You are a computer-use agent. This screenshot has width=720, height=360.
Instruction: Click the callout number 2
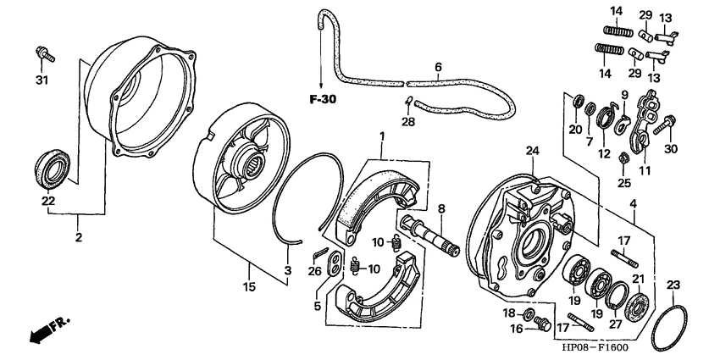(78, 238)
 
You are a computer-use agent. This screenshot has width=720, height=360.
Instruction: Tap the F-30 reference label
(322, 98)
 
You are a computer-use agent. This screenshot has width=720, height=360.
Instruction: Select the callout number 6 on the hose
(438, 66)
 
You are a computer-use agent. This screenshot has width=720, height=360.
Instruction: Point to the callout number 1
(382, 136)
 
